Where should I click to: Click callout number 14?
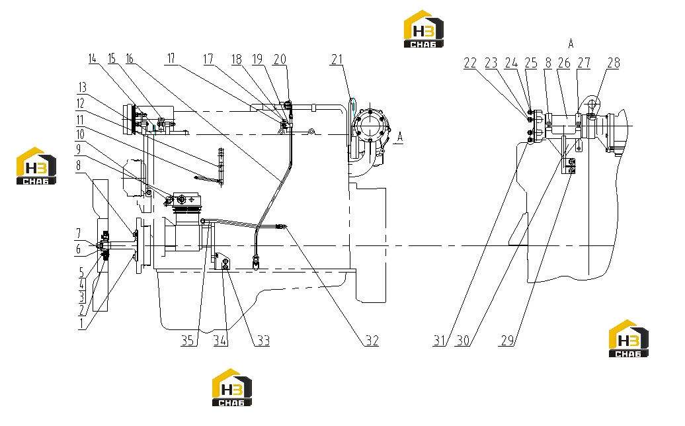point(92,59)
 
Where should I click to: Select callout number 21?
point(337,60)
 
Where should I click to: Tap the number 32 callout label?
point(372,341)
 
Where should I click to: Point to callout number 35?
point(187,341)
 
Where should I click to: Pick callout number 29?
point(507,341)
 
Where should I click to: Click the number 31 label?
point(440,341)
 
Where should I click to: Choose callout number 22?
point(470,63)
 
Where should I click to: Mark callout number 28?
point(614,63)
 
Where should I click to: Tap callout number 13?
point(82,87)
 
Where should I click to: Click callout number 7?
point(79,233)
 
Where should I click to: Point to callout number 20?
point(280,60)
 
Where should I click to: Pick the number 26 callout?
point(564,63)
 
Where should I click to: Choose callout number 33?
point(263,341)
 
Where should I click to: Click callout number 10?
point(81,134)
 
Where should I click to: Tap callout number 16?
point(130,59)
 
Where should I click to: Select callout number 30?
point(463,341)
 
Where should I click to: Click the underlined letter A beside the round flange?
point(400,137)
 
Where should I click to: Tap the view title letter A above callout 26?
point(571,43)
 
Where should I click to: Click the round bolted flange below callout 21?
point(370,127)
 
